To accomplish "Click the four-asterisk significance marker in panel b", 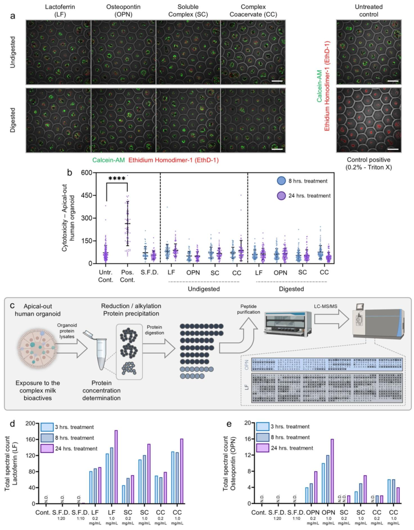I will pyautogui.click(x=117, y=178).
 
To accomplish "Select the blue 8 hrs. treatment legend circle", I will pyautogui.click(x=281, y=181).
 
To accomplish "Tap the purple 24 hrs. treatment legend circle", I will pyautogui.click(x=281, y=196).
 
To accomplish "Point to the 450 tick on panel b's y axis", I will pyautogui.click(x=87, y=195).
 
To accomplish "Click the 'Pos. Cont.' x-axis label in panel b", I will pyautogui.click(x=127, y=276).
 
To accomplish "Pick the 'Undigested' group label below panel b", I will pyautogui.click(x=204, y=289).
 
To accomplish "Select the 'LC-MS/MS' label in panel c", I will pyautogui.click(x=325, y=306).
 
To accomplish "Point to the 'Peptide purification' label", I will pyautogui.click(x=248, y=309).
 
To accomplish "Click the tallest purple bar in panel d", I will pyautogui.click(x=116, y=467).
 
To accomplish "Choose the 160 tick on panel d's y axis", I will pyautogui.click(x=30, y=439).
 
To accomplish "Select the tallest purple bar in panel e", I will pyautogui.click(x=332, y=471).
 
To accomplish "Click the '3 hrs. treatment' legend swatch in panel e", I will pyautogui.click(x=263, y=426).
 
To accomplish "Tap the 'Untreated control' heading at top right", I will pyautogui.click(x=368, y=11).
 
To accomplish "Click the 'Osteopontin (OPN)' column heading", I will pyautogui.click(x=123, y=11).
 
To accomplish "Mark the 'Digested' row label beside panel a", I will pyautogui.click(x=13, y=120).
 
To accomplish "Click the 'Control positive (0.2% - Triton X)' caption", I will pyautogui.click(x=368, y=163).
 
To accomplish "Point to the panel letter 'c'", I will pyautogui.click(x=12, y=305).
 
